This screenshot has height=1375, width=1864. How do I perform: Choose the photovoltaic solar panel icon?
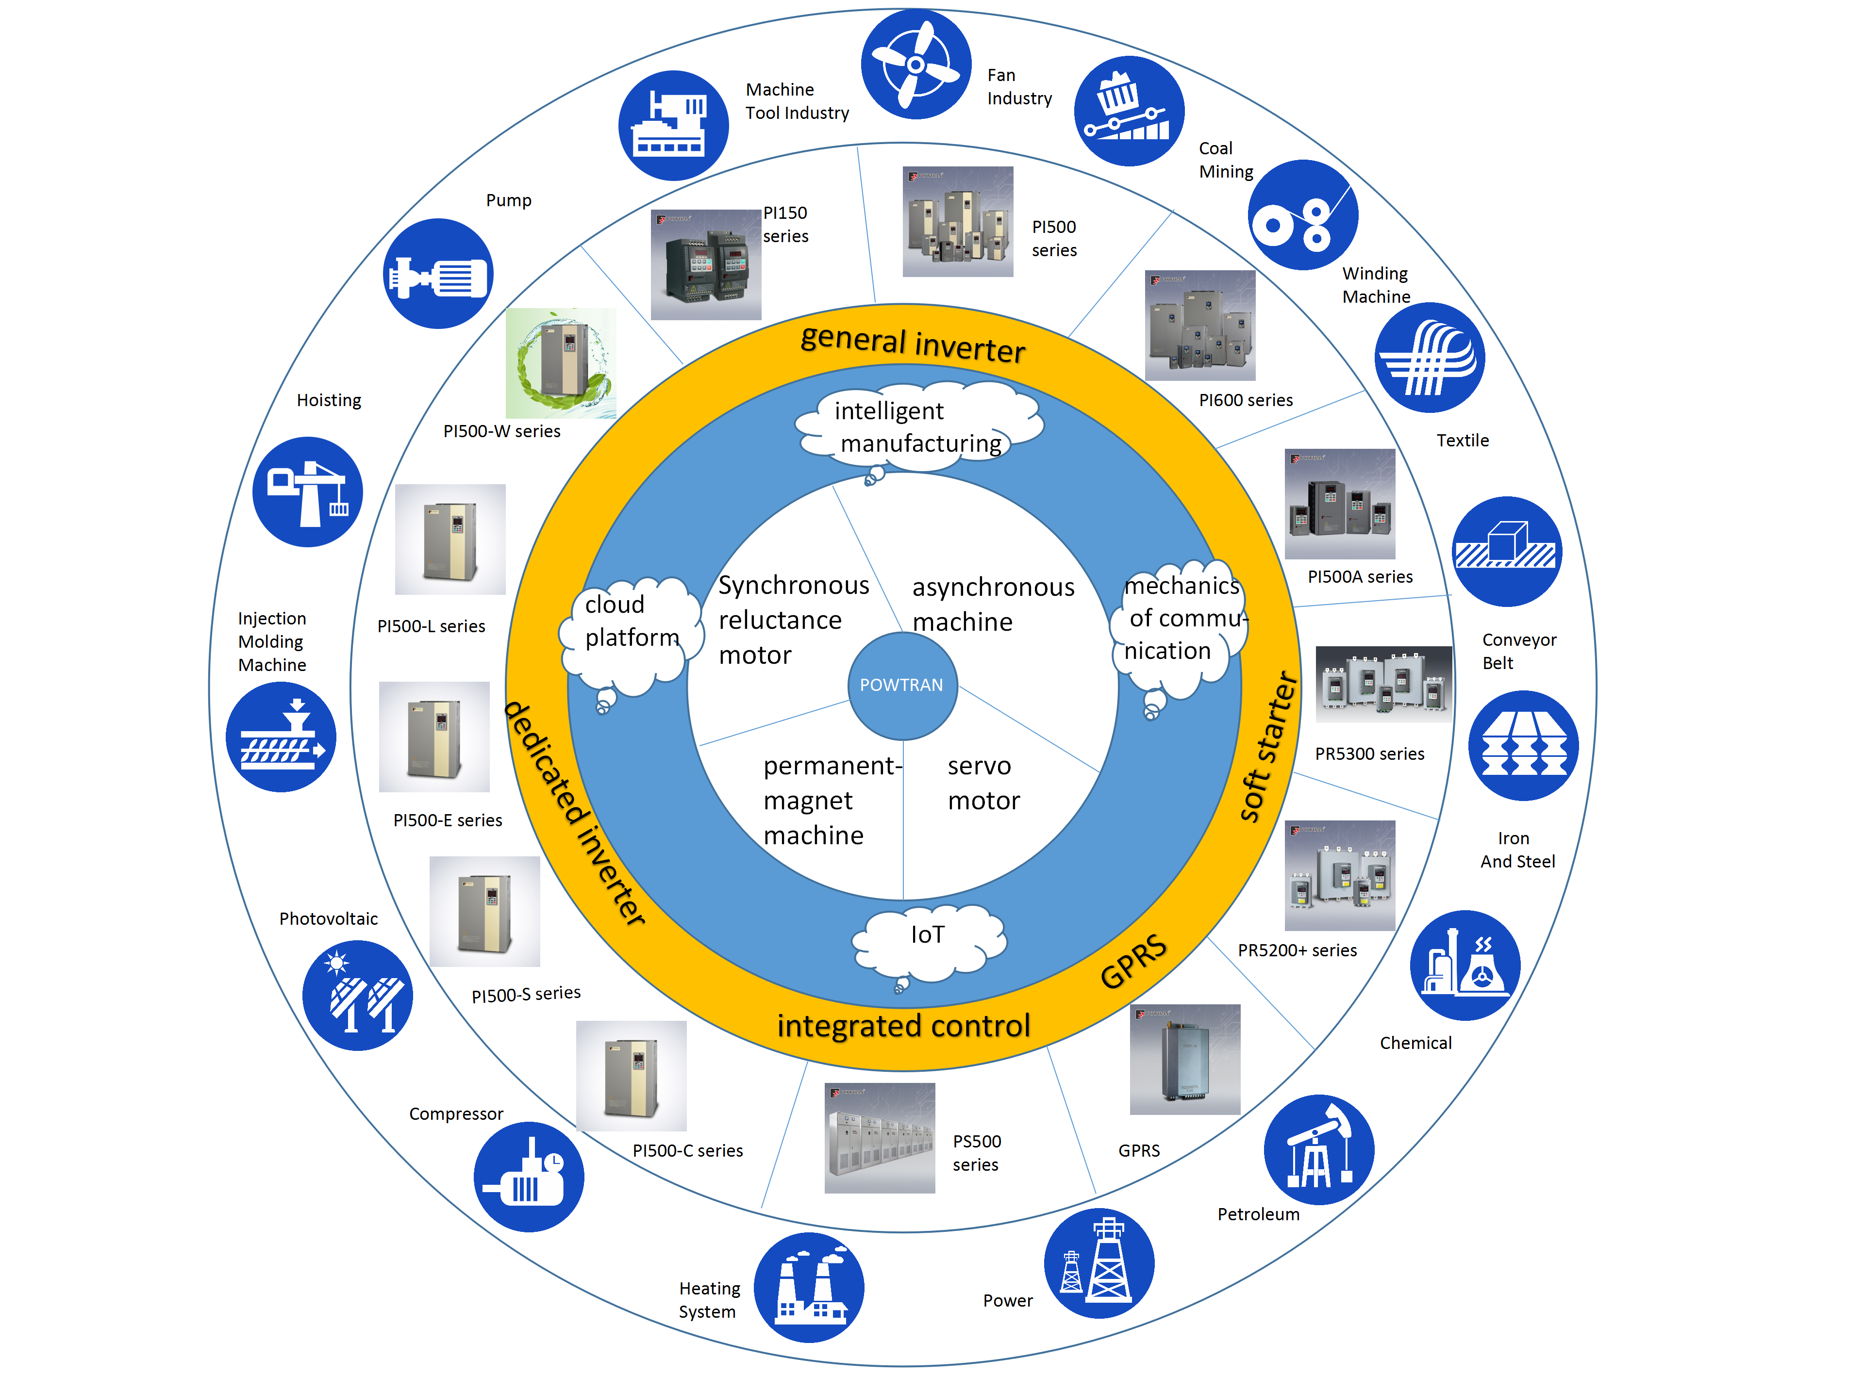click(357, 996)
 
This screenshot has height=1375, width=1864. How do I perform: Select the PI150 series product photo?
click(705, 265)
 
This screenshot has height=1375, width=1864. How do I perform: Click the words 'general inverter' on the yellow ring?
click(913, 344)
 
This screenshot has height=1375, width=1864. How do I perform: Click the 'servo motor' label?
click(983, 783)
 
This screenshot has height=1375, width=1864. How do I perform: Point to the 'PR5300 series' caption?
click(1369, 754)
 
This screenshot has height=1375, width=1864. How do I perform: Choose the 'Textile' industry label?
click(1462, 440)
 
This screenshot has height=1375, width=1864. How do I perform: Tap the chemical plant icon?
click(1465, 966)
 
